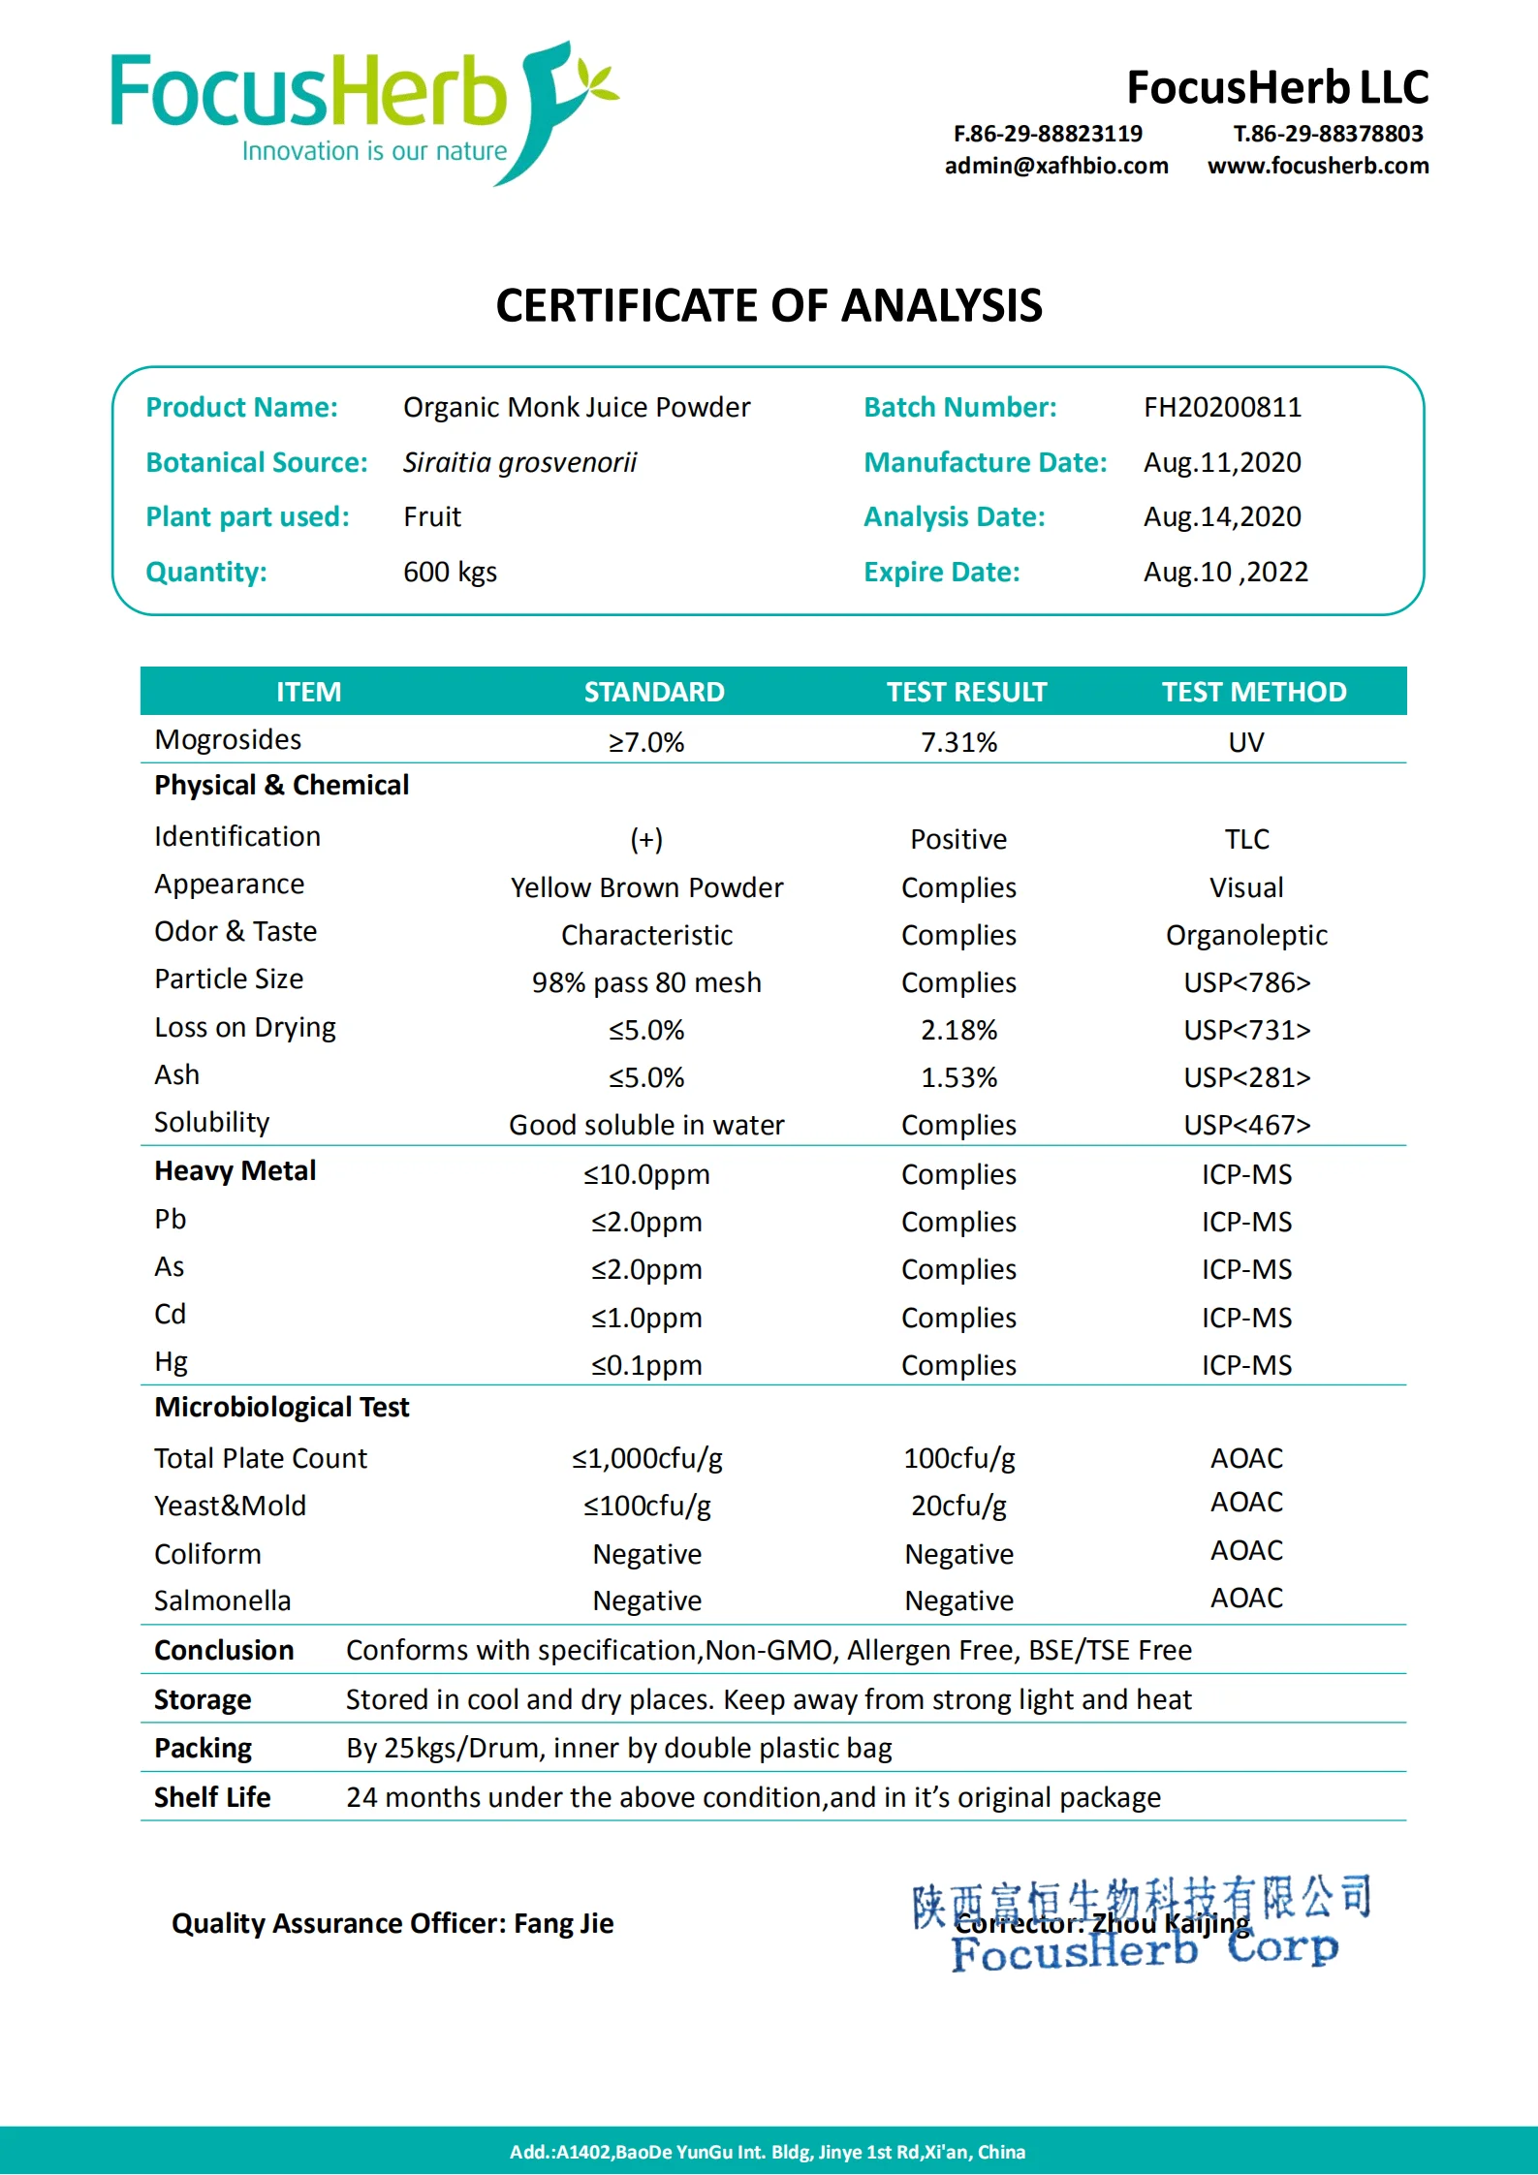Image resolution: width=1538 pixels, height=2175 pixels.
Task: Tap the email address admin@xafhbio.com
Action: pyautogui.click(x=1056, y=166)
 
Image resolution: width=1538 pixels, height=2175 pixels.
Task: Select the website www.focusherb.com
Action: pyautogui.click(x=1318, y=166)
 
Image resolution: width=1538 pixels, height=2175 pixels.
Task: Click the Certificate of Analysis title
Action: pyautogui.click(x=769, y=306)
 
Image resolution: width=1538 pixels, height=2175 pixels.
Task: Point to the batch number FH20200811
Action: pyautogui.click(x=1222, y=407)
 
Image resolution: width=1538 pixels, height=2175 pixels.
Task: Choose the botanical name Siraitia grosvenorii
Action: pyautogui.click(x=519, y=462)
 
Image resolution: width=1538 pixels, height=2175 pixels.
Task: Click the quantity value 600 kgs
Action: pyautogui.click(x=450, y=572)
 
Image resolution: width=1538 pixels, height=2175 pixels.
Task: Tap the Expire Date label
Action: pyautogui.click(x=941, y=572)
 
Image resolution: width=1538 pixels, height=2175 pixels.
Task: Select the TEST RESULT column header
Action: pyautogui.click(x=966, y=692)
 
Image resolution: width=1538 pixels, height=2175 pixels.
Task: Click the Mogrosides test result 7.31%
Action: pyautogui.click(x=958, y=742)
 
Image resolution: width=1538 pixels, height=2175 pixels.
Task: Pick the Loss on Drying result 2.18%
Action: pyautogui.click(x=958, y=1030)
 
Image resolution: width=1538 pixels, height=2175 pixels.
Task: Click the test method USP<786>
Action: pyautogui.click(x=1246, y=982)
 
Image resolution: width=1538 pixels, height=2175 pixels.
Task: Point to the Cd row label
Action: pyautogui.click(x=171, y=1315)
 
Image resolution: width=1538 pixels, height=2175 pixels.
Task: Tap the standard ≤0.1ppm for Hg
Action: pyautogui.click(x=646, y=1365)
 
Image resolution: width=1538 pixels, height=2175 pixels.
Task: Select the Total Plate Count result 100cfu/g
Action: pyautogui.click(x=958, y=1458)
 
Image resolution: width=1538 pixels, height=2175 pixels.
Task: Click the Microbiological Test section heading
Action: pyautogui.click(x=281, y=1407)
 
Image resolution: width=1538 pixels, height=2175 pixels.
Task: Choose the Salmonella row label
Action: pyautogui.click(x=222, y=1600)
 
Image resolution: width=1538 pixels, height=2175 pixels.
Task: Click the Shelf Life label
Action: pyautogui.click(x=212, y=1797)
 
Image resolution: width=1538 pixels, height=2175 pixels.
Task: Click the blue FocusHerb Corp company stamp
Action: pyautogui.click(x=1144, y=1923)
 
